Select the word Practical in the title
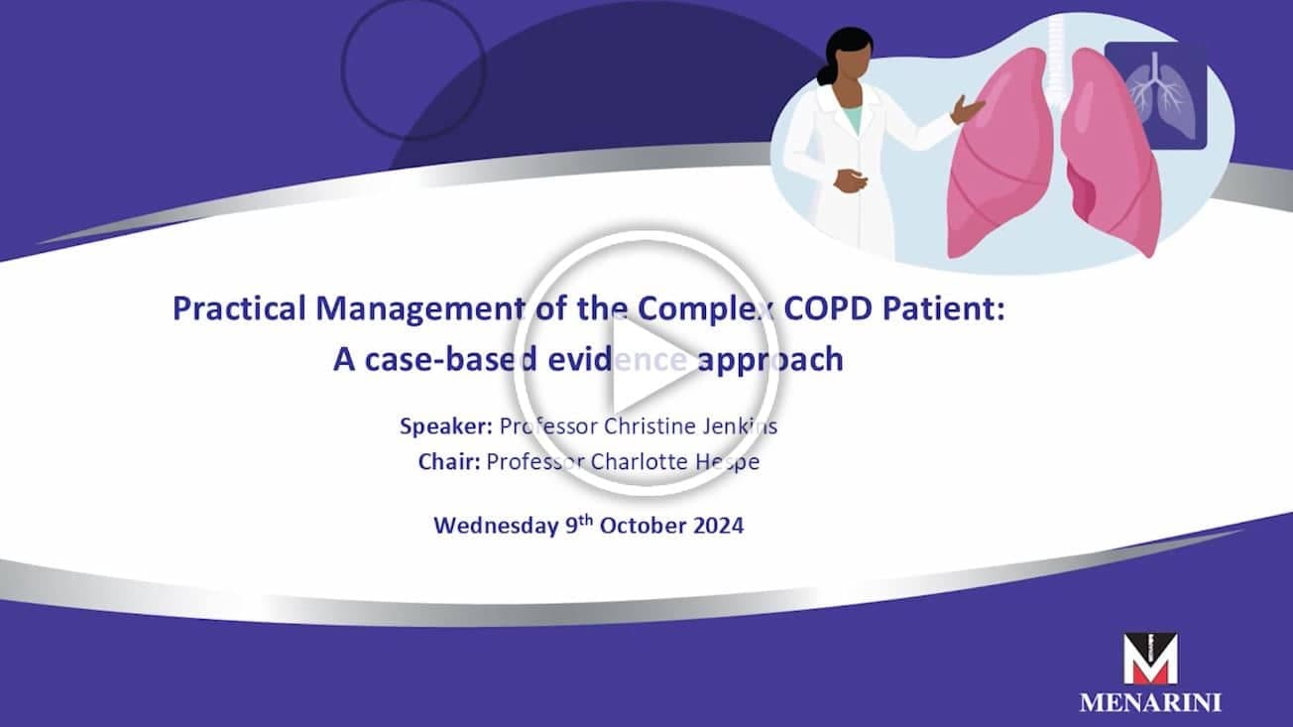click(239, 308)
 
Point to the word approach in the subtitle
click(770, 360)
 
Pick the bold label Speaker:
click(445, 426)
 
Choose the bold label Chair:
click(449, 462)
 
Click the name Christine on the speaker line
click(649, 426)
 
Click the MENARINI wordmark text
click(1150, 703)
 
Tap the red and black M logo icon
click(1150, 659)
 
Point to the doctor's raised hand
click(967, 109)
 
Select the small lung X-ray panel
click(1155, 96)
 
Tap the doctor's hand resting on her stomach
click(850, 181)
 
